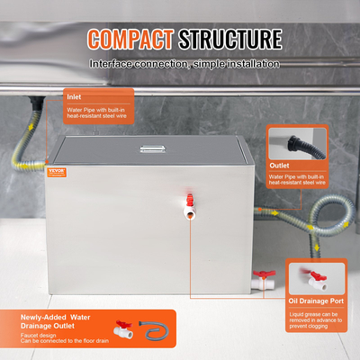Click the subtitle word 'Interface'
point(112,65)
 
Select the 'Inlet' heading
point(75,94)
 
